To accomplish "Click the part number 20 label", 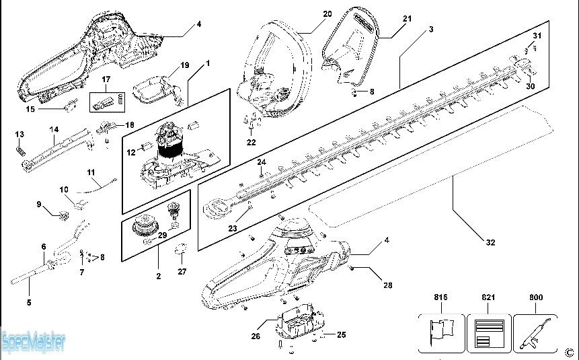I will (x=327, y=13).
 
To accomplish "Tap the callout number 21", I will (x=406, y=19).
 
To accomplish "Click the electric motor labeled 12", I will (x=170, y=145).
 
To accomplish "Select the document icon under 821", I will (x=489, y=332).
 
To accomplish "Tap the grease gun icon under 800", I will (x=536, y=332).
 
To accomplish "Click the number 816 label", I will (x=441, y=297).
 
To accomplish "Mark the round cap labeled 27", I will (x=180, y=251).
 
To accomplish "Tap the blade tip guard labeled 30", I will (x=523, y=67).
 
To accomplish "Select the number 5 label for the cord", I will (x=29, y=303).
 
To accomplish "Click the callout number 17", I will (x=106, y=79).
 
